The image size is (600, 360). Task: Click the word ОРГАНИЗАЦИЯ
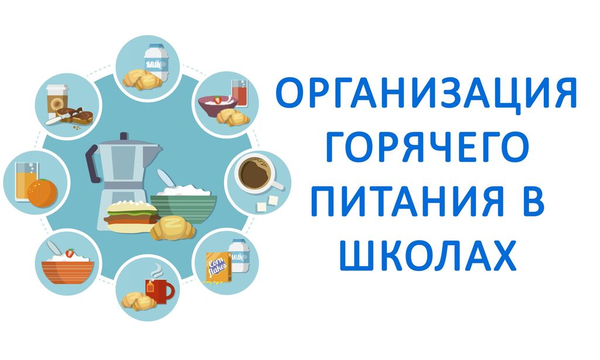pos(426,93)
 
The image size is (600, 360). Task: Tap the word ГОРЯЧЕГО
pos(427,147)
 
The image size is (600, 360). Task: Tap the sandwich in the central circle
pos(132,216)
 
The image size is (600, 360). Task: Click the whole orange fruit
pos(42,193)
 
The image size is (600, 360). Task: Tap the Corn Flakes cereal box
pos(218,267)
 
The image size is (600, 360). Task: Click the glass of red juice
pos(240,93)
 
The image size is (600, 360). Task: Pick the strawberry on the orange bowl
pos(69,253)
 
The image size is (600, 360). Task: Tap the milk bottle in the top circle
pos(156,62)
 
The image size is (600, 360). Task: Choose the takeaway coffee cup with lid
pos(57,102)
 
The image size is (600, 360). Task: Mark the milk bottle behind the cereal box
pos(239,256)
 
